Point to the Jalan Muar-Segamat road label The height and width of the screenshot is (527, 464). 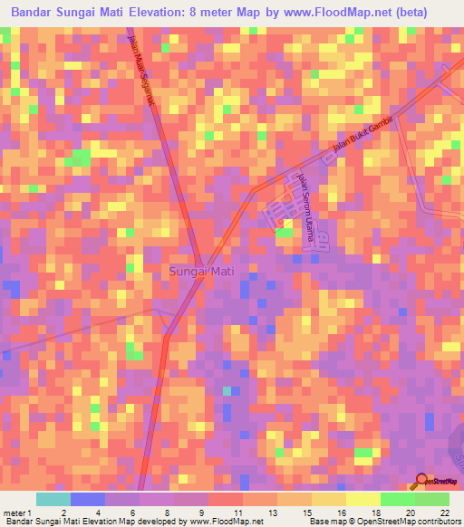pos(144,72)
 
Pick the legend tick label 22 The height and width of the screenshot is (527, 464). pos(444,512)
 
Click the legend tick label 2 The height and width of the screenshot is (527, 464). pos(63,512)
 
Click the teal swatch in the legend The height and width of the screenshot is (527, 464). pos(53,499)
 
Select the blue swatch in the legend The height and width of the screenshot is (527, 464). pos(88,499)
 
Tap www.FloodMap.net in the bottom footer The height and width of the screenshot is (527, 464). pos(223,522)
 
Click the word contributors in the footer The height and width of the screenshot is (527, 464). pos(436,522)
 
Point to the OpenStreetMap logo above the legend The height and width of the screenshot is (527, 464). pos(436,482)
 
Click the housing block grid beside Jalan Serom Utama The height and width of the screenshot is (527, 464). pos(281,214)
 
